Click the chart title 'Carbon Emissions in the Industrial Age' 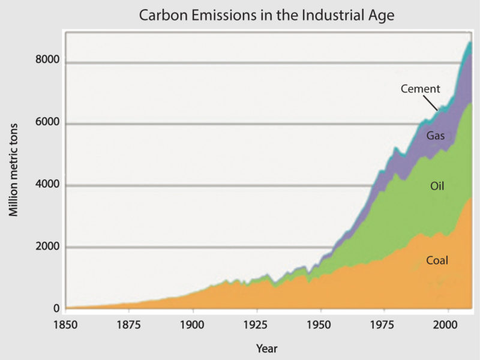coord(266,15)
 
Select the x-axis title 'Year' coord(266,348)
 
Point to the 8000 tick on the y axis coord(48,60)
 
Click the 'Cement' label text coord(421,89)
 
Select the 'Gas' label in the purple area coord(435,136)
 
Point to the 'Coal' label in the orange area coord(437,260)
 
